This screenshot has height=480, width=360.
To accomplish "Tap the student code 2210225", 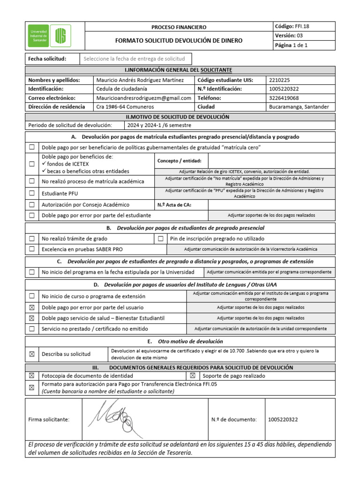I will click(x=280, y=80).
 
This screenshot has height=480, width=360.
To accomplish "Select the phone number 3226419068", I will click(x=284, y=98).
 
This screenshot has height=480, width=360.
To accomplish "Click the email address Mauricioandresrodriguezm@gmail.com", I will click(x=143, y=98).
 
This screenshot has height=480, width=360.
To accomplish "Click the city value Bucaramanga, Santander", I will click(x=299, y=107).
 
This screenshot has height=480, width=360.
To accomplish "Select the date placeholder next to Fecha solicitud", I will click(x=134, y=59).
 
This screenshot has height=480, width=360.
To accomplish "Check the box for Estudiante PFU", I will click(x=32, y=193).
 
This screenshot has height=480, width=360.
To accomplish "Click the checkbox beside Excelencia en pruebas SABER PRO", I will click(x=32, y=249).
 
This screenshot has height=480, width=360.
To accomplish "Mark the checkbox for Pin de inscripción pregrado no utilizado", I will click(x=160, y=239).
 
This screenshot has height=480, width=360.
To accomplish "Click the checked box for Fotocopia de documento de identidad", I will click(x=32, y=376).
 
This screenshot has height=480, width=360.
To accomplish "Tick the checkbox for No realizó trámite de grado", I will click(x=32, y=239).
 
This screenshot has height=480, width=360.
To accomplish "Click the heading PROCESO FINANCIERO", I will click(x=179, y=27).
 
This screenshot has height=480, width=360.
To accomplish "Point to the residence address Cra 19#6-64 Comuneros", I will click(x=124, y=107).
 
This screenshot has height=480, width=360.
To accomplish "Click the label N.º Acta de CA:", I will click(x=174, y=205).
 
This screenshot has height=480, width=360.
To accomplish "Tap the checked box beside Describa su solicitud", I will click(x=32, y=354).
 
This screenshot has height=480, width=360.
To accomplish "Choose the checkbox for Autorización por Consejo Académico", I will click(x=32, y=205).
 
